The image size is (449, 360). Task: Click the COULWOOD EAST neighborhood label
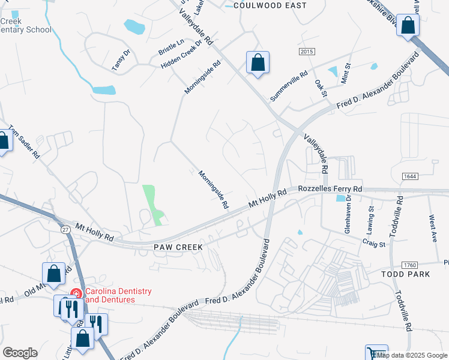pos(270,5)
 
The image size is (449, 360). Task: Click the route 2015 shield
pos(306,52)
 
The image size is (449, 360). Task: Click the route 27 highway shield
pos(65,229)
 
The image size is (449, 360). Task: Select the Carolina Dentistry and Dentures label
pos(118,295)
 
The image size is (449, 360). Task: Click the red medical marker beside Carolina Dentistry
pos(76,293)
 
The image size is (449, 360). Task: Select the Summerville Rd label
pos(289,86)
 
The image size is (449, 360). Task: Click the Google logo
pos(20,353)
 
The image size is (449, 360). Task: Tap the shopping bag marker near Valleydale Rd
pos(258,62)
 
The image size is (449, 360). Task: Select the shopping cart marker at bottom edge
pos(376,353)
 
